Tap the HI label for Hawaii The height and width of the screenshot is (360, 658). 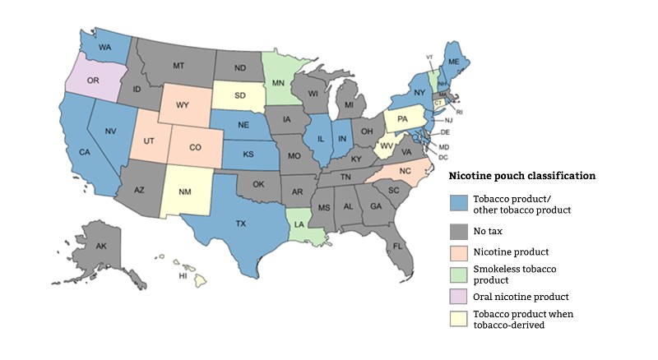click(x=183, y=277)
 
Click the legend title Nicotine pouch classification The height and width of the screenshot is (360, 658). click(x=521, y=176)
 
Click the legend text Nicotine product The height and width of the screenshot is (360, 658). click(x=509, y=252)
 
